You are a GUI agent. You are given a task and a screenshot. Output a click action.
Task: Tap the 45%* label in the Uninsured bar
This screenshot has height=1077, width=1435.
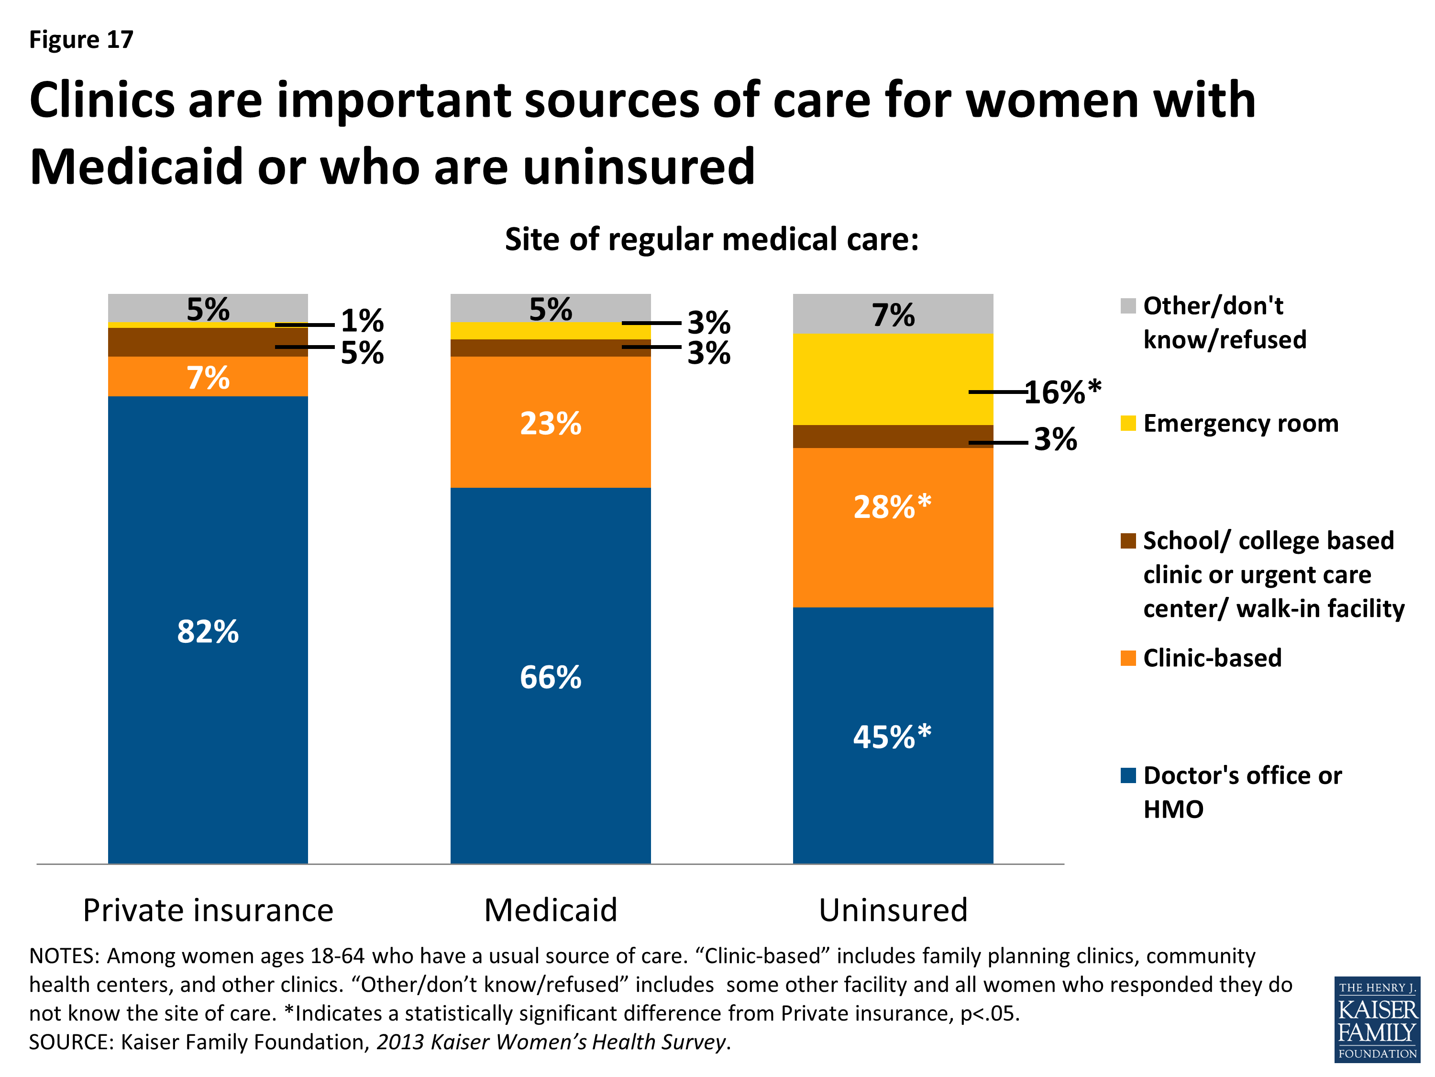pyautogui.click(x=892, y=737)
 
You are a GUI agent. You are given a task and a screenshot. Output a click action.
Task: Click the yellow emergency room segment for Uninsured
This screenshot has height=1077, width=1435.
pyautogui.click(x=892, y=380)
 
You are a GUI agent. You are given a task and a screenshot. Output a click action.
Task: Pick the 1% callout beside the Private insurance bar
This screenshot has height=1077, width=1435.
pyautogui.click(x=362, y=321)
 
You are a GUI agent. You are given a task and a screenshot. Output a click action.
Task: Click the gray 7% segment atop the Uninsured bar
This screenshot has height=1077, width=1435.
pyautogui.click(x=893, y=314)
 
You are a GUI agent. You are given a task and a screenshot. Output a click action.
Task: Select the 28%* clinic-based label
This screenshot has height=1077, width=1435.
pyautogui.click(x=892, y=506)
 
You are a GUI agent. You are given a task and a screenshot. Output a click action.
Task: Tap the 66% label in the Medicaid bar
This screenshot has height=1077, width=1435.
pyautogui.click(x=550, y=677)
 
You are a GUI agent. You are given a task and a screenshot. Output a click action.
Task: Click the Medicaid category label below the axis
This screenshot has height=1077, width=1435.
pyautogui.click(x=550, y=909)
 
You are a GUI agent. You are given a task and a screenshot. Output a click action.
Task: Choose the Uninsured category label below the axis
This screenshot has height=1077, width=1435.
pyautogui.click(x=893, y=909)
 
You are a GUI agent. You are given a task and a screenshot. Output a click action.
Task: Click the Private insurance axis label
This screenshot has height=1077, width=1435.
pyautogui.click(x=208, y=909)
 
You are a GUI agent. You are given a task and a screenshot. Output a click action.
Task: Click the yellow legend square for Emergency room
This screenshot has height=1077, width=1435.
pyautogui.click(x=1128, y=423)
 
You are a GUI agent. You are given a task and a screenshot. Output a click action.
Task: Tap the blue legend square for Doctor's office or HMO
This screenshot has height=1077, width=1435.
pyautogui.click(x=1128, y=775)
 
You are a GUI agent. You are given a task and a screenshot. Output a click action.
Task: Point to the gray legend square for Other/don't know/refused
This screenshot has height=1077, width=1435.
pyautogui.click(x=1128, y=306)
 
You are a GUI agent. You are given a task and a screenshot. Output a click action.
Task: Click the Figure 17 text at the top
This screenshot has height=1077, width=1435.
pyautogui.click(x=81, y=40)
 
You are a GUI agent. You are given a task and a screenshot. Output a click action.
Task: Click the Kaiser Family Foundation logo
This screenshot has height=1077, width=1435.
pyautogui.click(x=1377, y=1019)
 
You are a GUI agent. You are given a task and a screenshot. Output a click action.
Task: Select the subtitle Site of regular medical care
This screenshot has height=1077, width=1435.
pyautogui.click(x=712, y=239)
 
